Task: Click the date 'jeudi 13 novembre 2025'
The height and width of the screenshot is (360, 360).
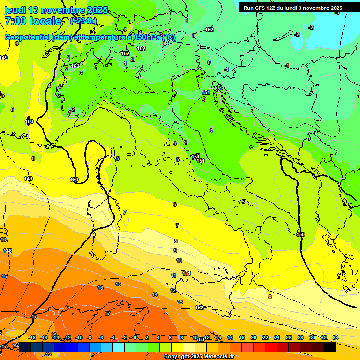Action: pos(56,10)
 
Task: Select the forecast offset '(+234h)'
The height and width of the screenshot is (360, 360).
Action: pos(83,21)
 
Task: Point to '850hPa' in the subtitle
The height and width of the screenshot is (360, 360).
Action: pos(146,37)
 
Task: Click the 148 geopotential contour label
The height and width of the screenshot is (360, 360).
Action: pos(7,251)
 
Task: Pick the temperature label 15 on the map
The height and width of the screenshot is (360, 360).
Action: pos(118,284)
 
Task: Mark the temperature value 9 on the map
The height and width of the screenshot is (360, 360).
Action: pos(175,251)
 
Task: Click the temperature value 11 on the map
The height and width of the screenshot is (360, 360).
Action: pos(173,275)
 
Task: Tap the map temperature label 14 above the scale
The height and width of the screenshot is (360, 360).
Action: pos(155,294)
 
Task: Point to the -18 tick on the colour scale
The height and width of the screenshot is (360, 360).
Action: pos(32,337)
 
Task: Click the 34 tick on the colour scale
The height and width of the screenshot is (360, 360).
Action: pos(336,337)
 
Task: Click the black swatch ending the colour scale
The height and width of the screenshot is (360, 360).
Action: pos(330,347)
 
